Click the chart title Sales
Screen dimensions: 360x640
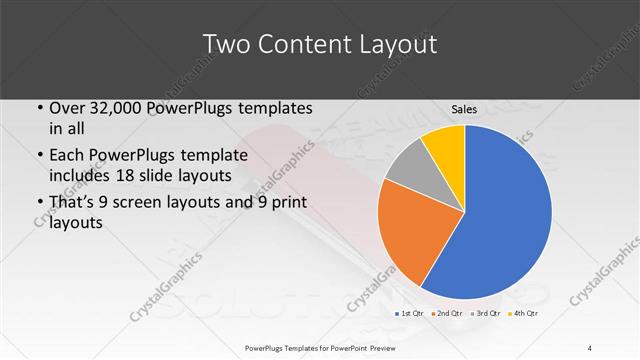pyautogui.click(x=464, y=108)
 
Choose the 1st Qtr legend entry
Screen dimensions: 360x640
pyautogui.click(x=409, y=314)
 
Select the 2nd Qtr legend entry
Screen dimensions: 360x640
pyautogui.click(x=445, y=314)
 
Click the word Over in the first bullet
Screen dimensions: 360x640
pyautogui.click(x=67, y=108)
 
